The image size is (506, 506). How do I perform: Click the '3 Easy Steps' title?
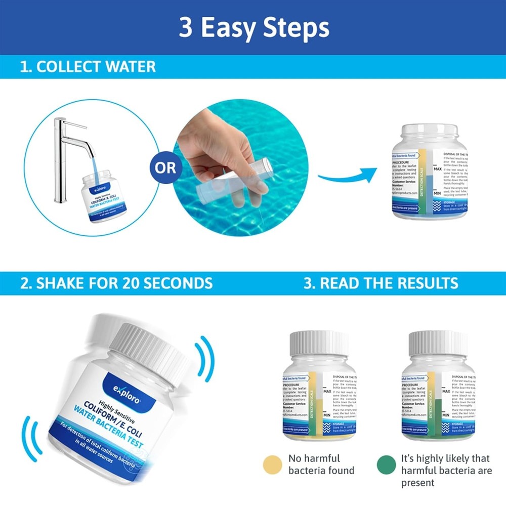(x=254, y=28)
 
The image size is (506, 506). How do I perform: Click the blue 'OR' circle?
(x=165, y=168)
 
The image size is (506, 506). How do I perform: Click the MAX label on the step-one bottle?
(x=438, y=168)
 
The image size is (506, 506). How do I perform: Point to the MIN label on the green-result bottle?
(x=445, y=415)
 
